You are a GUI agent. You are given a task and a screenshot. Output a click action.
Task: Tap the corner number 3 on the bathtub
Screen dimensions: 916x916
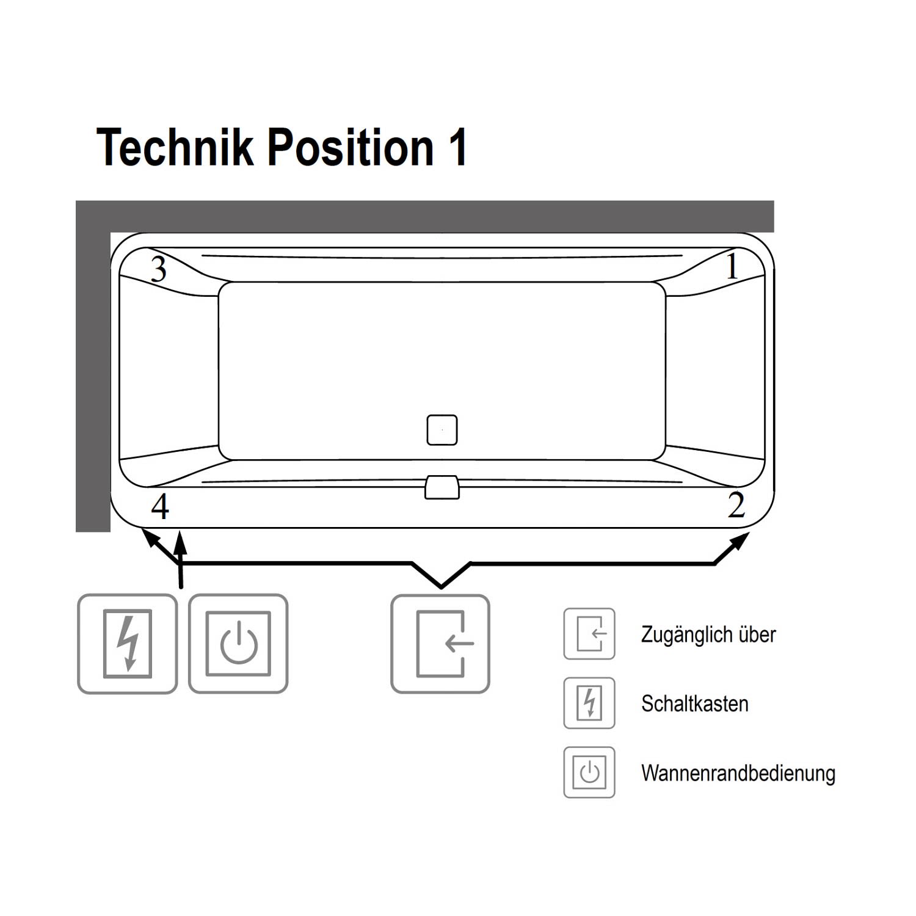158,269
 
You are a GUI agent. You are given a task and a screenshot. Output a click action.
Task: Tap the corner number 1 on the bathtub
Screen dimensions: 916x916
732,267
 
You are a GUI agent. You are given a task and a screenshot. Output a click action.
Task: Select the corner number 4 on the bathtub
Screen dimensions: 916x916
160,506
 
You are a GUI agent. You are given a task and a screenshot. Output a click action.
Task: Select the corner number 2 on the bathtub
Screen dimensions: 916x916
736,505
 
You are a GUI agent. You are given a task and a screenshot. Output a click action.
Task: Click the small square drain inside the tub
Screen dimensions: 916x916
442,430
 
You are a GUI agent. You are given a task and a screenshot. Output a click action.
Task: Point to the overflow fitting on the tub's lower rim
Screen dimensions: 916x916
442,487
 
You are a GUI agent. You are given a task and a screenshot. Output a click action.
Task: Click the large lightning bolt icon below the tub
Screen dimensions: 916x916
128,644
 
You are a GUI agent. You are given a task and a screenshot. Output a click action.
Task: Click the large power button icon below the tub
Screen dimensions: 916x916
238,644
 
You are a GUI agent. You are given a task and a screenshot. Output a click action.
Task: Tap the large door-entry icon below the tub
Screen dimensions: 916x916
440,644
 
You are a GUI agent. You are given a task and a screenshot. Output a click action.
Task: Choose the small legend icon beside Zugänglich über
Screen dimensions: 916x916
589,634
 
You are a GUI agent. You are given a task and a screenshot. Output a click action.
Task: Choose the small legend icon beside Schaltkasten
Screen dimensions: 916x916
589,703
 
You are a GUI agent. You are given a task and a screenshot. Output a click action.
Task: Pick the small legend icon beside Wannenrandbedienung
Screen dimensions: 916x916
589,772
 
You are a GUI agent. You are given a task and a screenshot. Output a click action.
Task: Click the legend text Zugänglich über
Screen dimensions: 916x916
708,635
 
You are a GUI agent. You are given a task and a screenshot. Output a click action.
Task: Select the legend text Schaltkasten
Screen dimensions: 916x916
695,704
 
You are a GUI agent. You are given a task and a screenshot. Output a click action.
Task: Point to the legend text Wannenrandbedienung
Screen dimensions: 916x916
738,773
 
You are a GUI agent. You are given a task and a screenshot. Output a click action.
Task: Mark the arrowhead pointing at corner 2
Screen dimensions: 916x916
740,542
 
